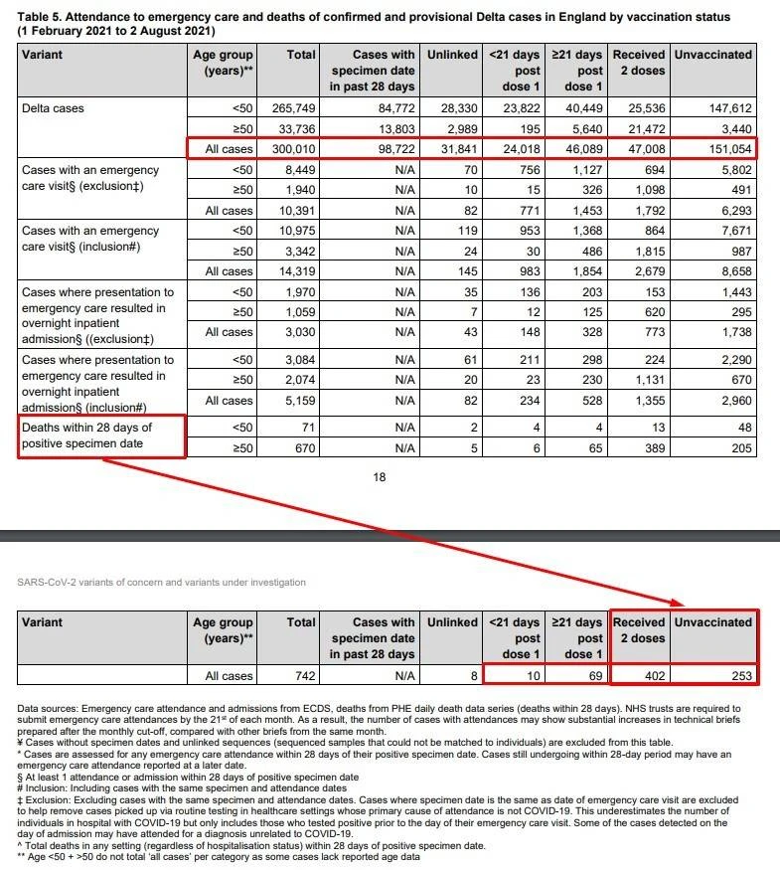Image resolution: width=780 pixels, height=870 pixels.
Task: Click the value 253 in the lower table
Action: [734, 676]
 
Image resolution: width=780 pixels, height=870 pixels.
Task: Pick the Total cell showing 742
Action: [301, 676]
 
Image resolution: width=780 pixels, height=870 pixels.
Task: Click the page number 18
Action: [379, 477]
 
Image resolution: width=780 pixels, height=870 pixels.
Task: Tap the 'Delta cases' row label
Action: [56, 107]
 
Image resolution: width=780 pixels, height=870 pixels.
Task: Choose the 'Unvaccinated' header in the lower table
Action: [712, 622]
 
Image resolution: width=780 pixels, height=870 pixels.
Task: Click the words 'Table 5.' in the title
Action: [45, 18]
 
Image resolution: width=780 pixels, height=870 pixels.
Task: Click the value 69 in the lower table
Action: [592, 676]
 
